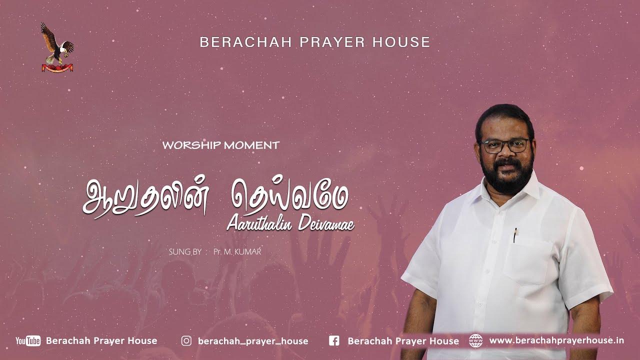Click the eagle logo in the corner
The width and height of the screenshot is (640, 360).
point(56,46)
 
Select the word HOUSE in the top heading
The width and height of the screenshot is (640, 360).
point(401,42)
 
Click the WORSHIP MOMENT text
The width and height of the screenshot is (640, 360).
point(221,145)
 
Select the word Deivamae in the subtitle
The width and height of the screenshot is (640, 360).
point(325,223)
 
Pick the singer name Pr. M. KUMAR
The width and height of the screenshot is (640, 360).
point(237,251)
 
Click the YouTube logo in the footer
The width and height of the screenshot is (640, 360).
point(28,341)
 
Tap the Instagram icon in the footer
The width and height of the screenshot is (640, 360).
point(186,341)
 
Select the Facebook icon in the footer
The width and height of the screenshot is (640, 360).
point(334,341)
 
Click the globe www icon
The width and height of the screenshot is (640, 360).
point(476,341)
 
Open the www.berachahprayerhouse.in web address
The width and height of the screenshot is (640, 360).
point(556,340)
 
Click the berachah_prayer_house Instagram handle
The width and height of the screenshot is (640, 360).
point(253,341)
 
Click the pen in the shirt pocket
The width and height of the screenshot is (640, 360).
point(515,235)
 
